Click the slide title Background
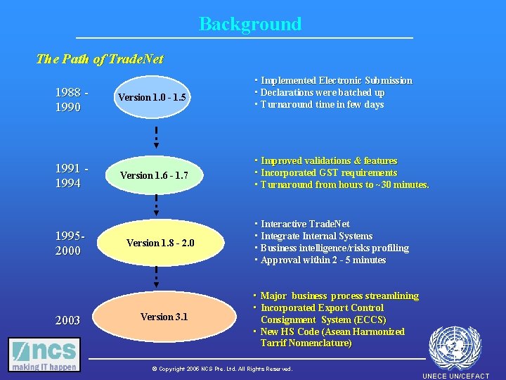click(x=250, y=24)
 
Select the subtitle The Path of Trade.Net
click(x=99, y=59)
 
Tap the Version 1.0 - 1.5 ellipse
click(x=152, y=98)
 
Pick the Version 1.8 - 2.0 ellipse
click(x=160, y=243)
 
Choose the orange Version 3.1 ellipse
click(x=164, y=317)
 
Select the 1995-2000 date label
click(x=70, y=243)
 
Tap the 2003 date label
click(x=67, y=320)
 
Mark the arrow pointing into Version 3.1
click(x=156, y=277)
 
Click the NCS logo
click(x=44, y=354)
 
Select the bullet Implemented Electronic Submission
click(x=334, y=81)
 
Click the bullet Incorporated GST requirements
click(x=327, y=172)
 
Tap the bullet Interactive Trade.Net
click(x=303, y=224)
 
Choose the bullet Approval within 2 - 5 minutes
click(x=321, y=260)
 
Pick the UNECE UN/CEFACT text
click(x=455, y=376)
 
